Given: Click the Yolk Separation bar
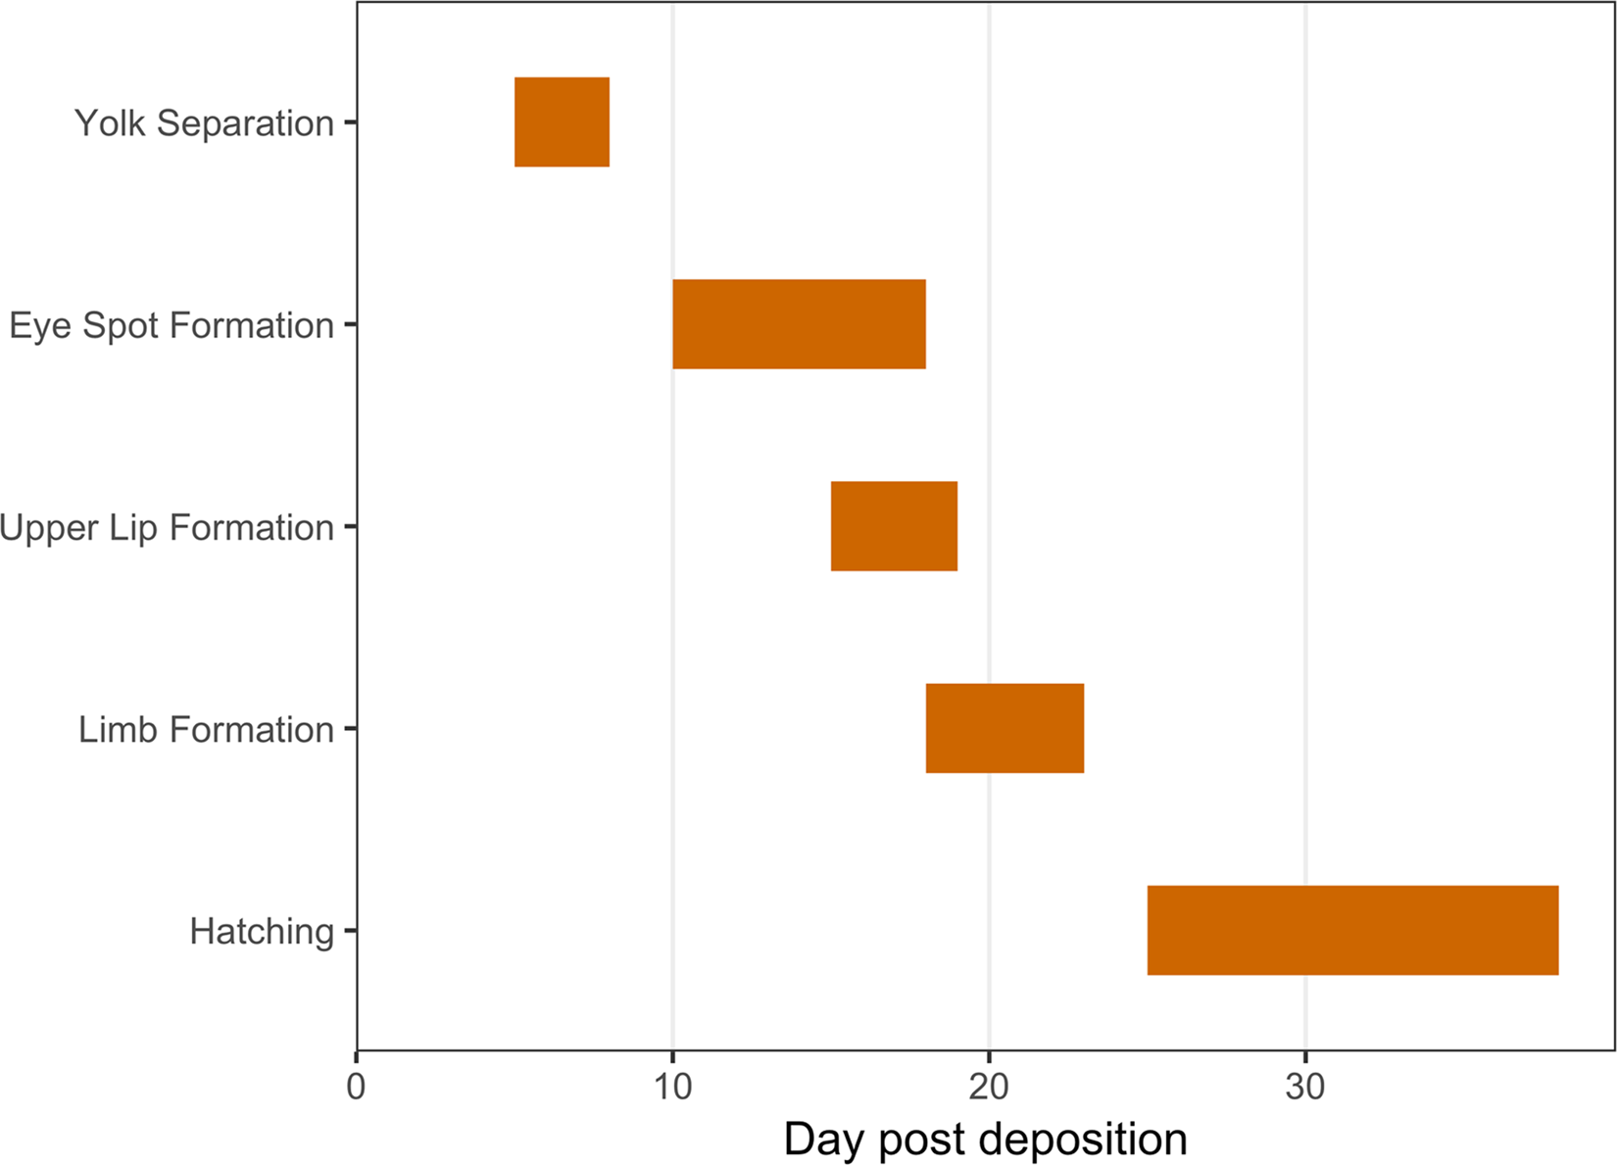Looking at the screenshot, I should click(x=562, y=121).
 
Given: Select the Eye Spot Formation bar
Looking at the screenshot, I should click(x=799, y=324).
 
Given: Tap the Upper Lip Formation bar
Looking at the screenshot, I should click(x=894, y=526).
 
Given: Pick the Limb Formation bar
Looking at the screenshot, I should click(x=1004, y=728).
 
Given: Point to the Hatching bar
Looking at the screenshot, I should click(x=1352, y=930).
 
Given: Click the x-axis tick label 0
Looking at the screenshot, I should click(x=356, y=1087).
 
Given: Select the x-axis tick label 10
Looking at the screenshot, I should click(x=672, y=1087).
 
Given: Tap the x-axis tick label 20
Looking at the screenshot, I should click(x=989, y=1087).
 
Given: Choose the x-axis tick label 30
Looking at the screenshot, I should click(x=1305, y=1087).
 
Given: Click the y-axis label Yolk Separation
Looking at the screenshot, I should click(x=204, y=123).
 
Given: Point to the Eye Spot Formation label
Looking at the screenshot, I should click(x=171, y=325).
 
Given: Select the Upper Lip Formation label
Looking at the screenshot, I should click(x=167, y=527).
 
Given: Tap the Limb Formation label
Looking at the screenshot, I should click(x=206, y=730).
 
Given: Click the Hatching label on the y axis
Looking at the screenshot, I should click(x=262, y=931).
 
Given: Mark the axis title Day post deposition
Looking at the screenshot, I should click(x=985, y=1140).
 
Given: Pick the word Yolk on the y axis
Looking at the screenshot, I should click(x=111, y=123).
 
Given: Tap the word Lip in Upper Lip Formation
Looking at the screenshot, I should click(x=133, y=527).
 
